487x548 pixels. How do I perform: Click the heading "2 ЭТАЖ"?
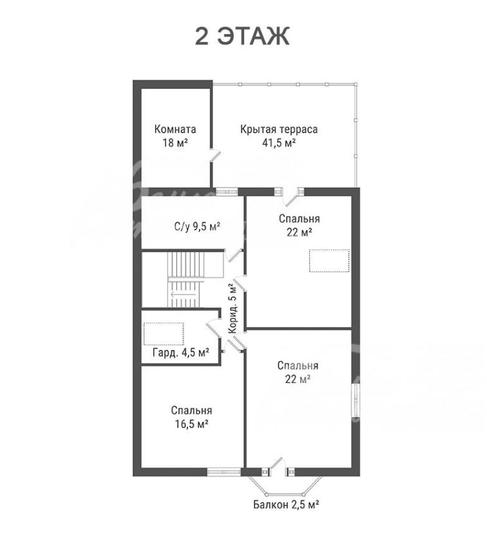(242, 36)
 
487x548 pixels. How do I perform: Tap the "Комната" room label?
(175, 130)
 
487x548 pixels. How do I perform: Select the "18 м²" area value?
(175, 142)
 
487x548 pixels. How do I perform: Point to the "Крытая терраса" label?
(279, 130)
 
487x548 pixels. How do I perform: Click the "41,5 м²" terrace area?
(279, 142)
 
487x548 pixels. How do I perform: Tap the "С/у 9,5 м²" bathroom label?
(197, 227)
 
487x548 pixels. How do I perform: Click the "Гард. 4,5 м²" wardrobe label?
(181, 352)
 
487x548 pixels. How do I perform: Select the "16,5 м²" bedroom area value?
(192, 424)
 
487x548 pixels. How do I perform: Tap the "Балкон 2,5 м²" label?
(286, 505)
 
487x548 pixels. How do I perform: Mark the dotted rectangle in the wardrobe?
(164, 334)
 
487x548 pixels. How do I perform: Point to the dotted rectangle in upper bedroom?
(329, 260)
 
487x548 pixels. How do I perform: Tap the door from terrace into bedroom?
(291, 198)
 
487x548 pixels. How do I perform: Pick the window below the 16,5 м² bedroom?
(224, 472)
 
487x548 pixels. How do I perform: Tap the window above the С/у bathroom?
(227, 191)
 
